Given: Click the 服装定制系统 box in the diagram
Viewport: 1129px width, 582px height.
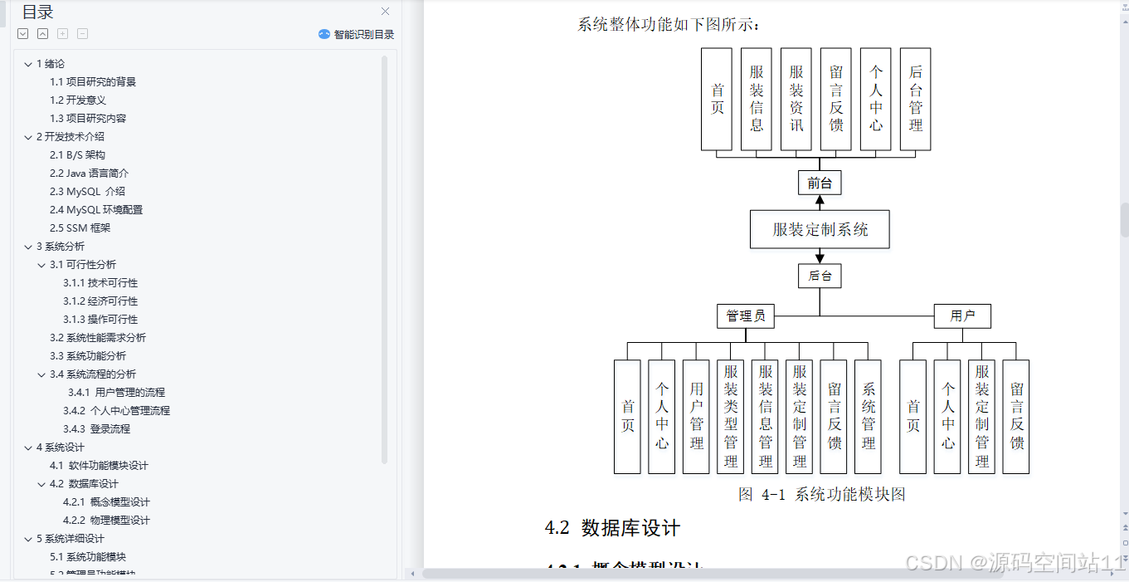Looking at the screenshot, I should [x=820, y=229].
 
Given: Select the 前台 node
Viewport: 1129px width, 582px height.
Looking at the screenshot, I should [x=820, y=183].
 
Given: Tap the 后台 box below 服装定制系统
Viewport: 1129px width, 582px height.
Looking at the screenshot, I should [x=820, y=276].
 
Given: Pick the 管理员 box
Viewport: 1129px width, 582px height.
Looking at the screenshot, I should [x=746, y=315].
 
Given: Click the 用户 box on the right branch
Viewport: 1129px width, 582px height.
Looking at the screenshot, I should [x=962, y=315].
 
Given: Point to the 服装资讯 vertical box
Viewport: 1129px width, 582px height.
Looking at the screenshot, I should [x=796, y=99].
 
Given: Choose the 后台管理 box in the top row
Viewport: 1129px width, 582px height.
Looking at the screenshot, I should [x=915, y=99].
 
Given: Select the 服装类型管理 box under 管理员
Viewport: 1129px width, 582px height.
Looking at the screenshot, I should [x=731, y=416].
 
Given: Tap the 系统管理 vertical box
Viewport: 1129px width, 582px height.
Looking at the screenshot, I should [x=868, y=416].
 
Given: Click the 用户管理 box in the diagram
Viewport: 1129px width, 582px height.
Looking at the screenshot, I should [x=696, y=416].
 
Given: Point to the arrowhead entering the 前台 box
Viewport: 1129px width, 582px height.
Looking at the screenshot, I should [x=820, y=166].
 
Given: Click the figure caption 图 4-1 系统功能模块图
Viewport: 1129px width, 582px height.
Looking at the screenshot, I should [x=821, y=495].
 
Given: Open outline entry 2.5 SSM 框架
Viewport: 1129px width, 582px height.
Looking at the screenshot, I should [x=80, y=227].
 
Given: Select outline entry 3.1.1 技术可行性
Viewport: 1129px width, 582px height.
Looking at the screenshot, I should [x=100, y=282].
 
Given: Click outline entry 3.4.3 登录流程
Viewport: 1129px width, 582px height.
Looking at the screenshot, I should [x=96, y=428].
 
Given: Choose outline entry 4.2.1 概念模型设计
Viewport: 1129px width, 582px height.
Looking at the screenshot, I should [x=106, y=501].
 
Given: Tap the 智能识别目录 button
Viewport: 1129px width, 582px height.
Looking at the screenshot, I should [x=357, y=34].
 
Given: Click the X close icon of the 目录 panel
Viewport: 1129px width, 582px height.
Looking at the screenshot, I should [x=385, y=12].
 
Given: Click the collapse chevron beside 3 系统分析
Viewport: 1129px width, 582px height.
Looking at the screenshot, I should [x=28, y=247].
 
